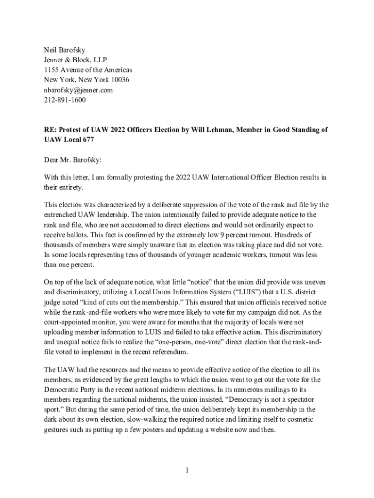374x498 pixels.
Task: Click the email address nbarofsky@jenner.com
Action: (x=78, y=90)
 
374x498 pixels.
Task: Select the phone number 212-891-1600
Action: (x=65, y=101)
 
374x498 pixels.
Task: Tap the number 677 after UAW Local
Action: (x=87, y=140)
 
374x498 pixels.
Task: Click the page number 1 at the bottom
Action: (x=187, y=470)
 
